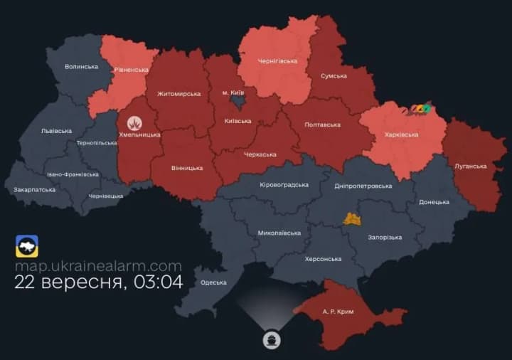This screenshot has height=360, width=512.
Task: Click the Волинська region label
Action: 81,66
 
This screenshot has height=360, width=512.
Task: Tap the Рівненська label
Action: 131,70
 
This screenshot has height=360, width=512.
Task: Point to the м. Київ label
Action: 234,93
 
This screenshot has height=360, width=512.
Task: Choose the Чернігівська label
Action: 277,61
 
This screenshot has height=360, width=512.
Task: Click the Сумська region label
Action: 334,75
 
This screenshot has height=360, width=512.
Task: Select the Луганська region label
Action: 470,166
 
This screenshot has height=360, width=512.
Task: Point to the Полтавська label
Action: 321,125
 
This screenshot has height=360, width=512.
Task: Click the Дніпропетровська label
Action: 363,186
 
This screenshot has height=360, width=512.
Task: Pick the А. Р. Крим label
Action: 338,312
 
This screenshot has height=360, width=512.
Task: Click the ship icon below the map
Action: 271,339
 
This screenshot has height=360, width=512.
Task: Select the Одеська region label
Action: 213,282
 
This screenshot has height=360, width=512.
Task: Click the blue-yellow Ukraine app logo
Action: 27,246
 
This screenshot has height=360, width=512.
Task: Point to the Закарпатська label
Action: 34,190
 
